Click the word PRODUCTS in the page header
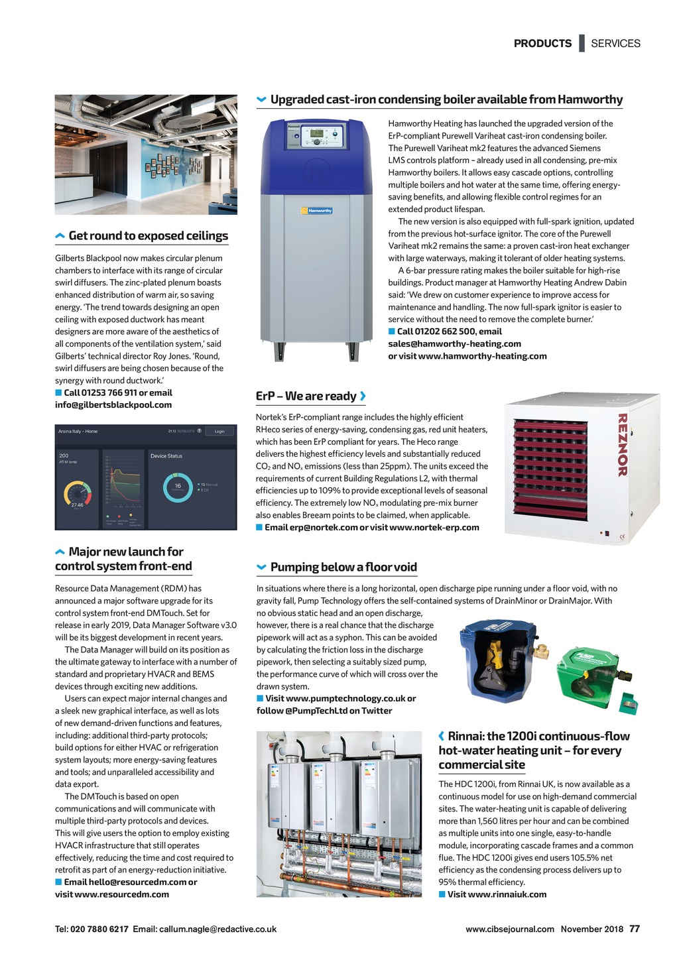542,43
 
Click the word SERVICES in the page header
615,43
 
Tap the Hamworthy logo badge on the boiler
320,211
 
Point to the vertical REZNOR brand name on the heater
622,444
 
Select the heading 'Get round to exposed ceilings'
148,235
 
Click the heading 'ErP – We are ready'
306,396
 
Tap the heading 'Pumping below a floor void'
343,567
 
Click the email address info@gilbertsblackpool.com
113,404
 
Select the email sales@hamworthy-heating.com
454,343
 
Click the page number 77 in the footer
635,929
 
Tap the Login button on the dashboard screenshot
219,431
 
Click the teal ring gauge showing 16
177,487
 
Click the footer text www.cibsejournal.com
509,929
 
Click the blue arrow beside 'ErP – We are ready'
363,396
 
